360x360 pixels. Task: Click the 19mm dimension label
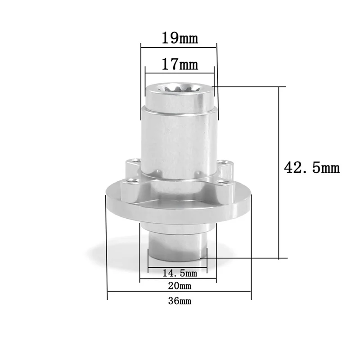179,38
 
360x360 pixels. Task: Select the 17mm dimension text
180,64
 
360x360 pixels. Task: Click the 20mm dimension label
179,286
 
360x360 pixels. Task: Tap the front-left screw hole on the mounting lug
130,182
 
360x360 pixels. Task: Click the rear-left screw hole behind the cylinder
133,161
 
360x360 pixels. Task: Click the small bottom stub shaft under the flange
178,245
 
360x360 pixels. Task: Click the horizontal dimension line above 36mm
179,293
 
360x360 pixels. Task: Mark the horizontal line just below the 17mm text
179,72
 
